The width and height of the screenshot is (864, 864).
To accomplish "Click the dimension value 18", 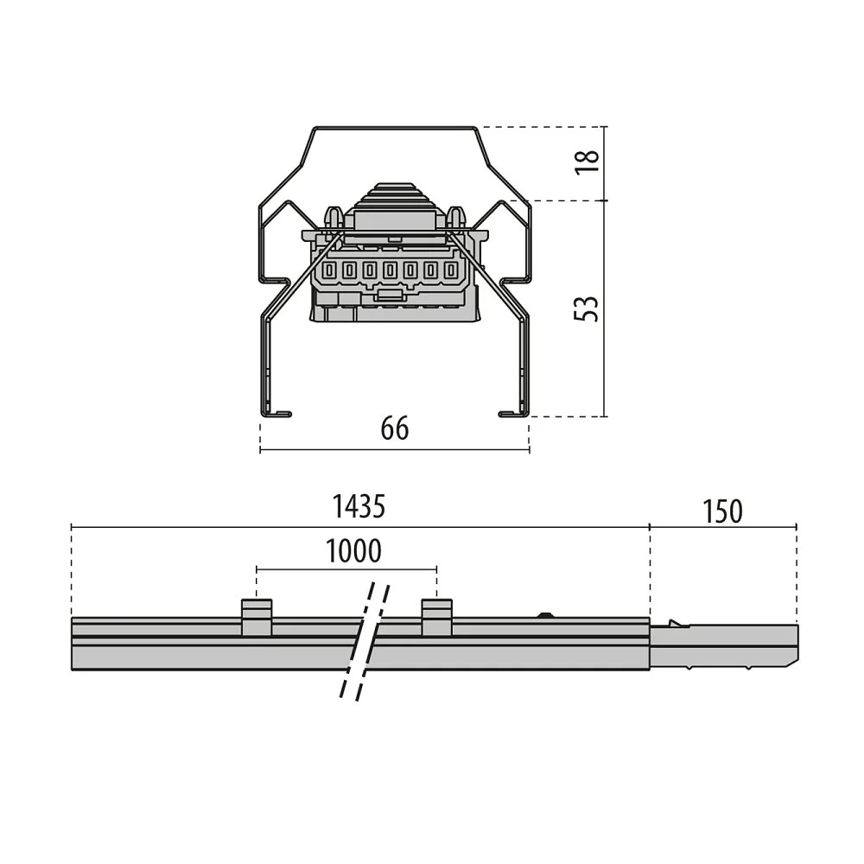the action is point(588,162).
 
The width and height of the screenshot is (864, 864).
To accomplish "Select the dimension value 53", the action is point(587,309).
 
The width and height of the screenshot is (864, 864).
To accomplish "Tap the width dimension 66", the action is point(395,429).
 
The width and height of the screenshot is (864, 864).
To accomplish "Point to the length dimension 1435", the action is point(359,506).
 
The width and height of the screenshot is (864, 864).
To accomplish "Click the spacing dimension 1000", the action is point(353,551).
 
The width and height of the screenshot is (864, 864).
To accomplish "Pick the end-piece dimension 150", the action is point(722,511).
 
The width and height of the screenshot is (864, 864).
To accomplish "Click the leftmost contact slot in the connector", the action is point(329,270).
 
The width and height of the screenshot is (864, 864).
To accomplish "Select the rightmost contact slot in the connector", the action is point(451,270).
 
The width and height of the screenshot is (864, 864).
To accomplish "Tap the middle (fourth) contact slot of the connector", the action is point(391,270).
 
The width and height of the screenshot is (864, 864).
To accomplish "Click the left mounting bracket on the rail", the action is point(257,617).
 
